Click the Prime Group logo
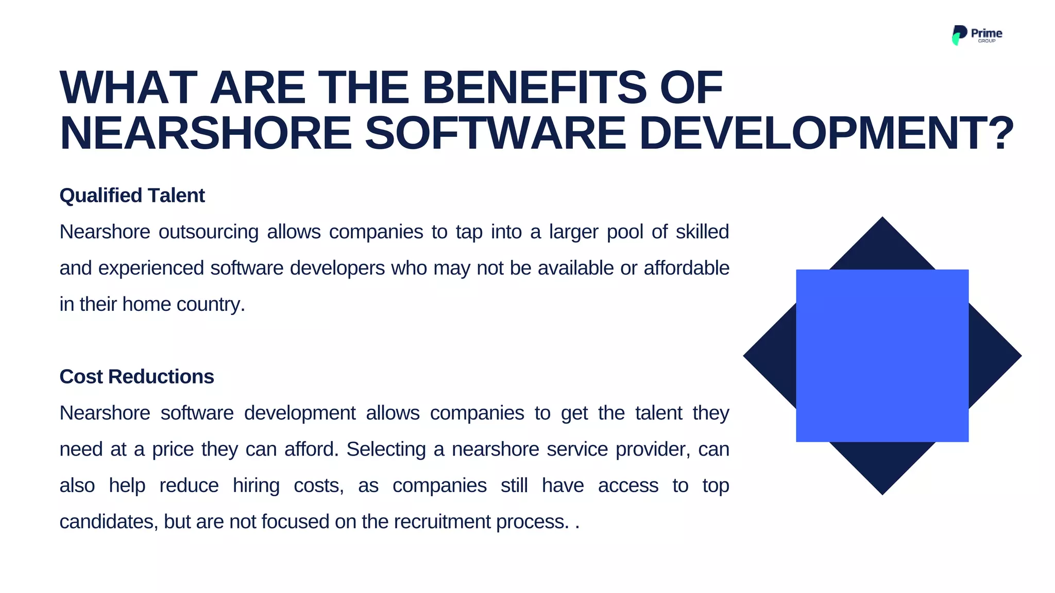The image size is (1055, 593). [x=976, y=35]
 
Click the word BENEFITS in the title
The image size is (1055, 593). [x=534, y=88]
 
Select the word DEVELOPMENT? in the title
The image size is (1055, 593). [x=826, y=133]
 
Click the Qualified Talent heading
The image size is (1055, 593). [x=132, y=196]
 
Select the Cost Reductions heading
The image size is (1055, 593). [x=137, y=377]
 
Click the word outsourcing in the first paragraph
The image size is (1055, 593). [x=208, y=232]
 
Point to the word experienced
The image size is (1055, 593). [x=151, y=268]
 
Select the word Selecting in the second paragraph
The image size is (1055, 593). [x=386, y=449]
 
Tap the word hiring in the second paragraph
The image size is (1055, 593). [x=256, y=485]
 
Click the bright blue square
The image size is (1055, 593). [x=882, y=355]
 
